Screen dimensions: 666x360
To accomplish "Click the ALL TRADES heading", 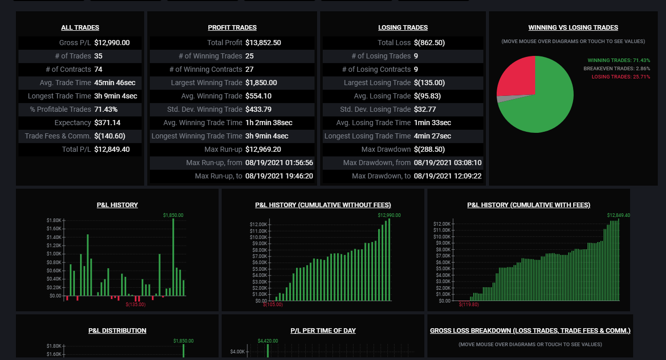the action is [80, 28].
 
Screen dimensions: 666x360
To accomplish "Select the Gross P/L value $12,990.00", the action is [112, 43].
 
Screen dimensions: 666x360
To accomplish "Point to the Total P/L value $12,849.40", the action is [112, 150].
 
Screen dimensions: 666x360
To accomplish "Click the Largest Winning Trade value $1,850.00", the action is [261, 83].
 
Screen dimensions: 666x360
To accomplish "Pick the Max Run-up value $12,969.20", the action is [263, 150].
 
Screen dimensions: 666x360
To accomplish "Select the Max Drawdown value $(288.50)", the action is [429, 150].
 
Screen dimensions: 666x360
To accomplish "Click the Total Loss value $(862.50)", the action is [429, 43].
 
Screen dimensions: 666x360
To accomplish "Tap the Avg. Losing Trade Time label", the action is [373, 123].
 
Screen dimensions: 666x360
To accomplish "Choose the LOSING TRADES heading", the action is [403, 28].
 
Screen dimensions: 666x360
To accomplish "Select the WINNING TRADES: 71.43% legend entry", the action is [619, 61].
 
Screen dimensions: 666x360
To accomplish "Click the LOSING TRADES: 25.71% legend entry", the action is [621, 77].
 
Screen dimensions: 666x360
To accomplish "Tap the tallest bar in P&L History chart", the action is [173, 257].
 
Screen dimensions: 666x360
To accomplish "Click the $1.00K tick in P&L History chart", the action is [54, 254].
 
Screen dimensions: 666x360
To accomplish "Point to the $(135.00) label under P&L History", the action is [135, 305].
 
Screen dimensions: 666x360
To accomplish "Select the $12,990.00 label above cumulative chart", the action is [389, 215].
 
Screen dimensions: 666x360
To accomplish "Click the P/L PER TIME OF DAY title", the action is [323, 331].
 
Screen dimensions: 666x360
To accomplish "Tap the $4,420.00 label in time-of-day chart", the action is [268, 341].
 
